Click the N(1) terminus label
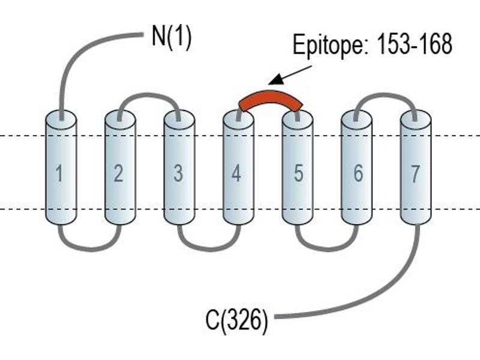coord(172,36)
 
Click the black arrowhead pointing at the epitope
coord(275,80)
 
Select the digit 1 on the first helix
coord(59,173)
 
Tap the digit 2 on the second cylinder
coord(118,173)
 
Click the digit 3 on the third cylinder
coord(178,173)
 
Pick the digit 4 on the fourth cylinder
coord(236,173)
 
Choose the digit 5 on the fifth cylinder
coord(298,173)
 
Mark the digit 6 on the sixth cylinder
coord(358,173)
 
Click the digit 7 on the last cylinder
coord(415,173)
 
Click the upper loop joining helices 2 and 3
coord(149,95)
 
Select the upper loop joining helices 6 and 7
coord(385,95)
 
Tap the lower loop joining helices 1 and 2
coord(89,248)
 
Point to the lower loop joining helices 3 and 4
coord(208,248)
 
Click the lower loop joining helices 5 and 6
coord(327,248)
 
